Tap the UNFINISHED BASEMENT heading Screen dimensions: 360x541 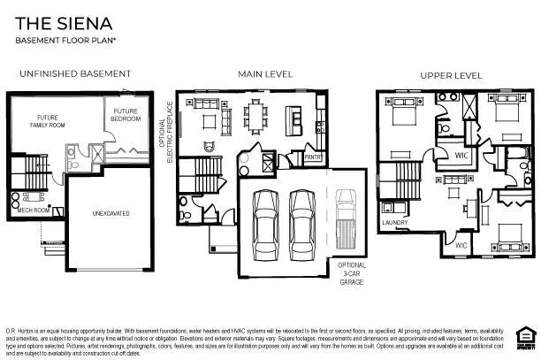click(74, 73)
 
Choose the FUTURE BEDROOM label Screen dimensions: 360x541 click(125, 114)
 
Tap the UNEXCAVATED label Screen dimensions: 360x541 click(113, 213)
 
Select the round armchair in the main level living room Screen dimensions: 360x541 click(210, 145)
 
